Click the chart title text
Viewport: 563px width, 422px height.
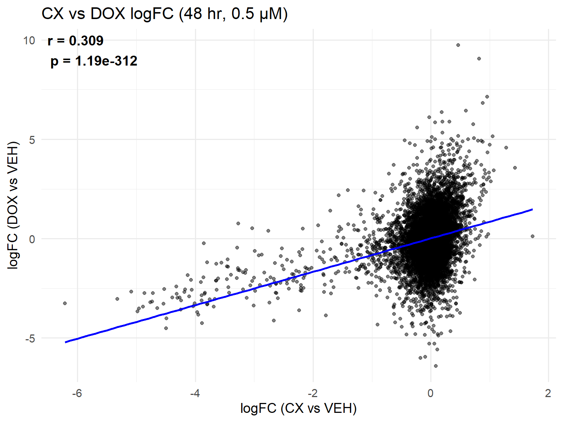pos(165,14)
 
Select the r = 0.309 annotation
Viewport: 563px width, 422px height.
pos(76,41)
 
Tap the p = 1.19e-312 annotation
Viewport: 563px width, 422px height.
pos(94,61)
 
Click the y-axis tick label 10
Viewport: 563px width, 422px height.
pos(29,40)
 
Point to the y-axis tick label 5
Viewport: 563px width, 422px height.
pos(32,140)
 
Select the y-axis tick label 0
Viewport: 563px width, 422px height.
pos(32,239)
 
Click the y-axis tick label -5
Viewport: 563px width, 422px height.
pos(30,338)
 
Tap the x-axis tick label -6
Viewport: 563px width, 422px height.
pos(77,393)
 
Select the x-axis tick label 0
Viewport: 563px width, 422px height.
pos(431,393)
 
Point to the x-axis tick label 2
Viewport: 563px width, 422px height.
pos(548,393)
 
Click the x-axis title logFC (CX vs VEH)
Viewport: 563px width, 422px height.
pos(298,408)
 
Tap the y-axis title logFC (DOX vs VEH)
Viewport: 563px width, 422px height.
pos(13,205)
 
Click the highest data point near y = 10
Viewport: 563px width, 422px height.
pos(458,45)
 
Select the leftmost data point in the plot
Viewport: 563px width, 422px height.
pos(65,303)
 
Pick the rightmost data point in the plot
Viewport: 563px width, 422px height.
pos(532,236)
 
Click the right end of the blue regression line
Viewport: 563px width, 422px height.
pos(532,210)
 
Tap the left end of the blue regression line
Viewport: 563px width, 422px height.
pos(66,342)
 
